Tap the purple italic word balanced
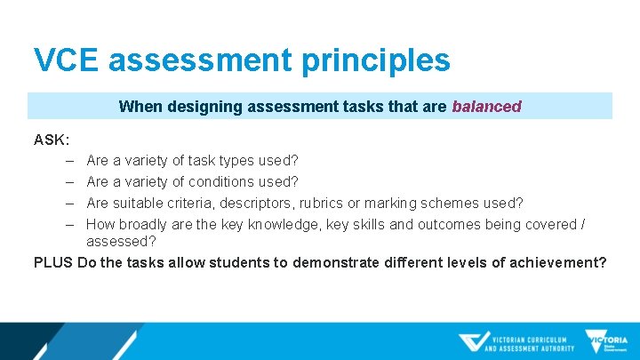point(486,107)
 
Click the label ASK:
point(52,140)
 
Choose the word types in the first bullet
point(235,161)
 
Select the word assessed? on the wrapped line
point(121,241)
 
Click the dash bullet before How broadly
point(68,225)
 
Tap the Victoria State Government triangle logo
point(605,342)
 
